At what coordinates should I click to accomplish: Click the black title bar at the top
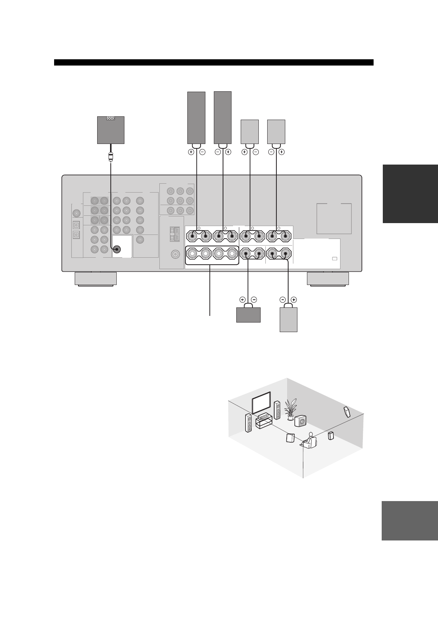(213, 62)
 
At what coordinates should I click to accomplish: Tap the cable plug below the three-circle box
(110, 156)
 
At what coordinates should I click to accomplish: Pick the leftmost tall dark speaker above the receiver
(196, 117)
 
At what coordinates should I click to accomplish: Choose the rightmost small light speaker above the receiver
(276, 131)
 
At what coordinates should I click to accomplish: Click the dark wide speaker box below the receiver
(248, 315)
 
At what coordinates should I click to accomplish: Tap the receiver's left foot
(96, 278)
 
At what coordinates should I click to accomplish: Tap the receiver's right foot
(328, 278)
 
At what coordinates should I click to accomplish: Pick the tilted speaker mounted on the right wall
(347, 412)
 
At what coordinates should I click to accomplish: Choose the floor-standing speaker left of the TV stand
(249, 423)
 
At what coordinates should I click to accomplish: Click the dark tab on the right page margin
(410, 194)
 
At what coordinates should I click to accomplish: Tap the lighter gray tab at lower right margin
(410, 521)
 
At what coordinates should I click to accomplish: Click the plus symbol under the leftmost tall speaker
(191, 152)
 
